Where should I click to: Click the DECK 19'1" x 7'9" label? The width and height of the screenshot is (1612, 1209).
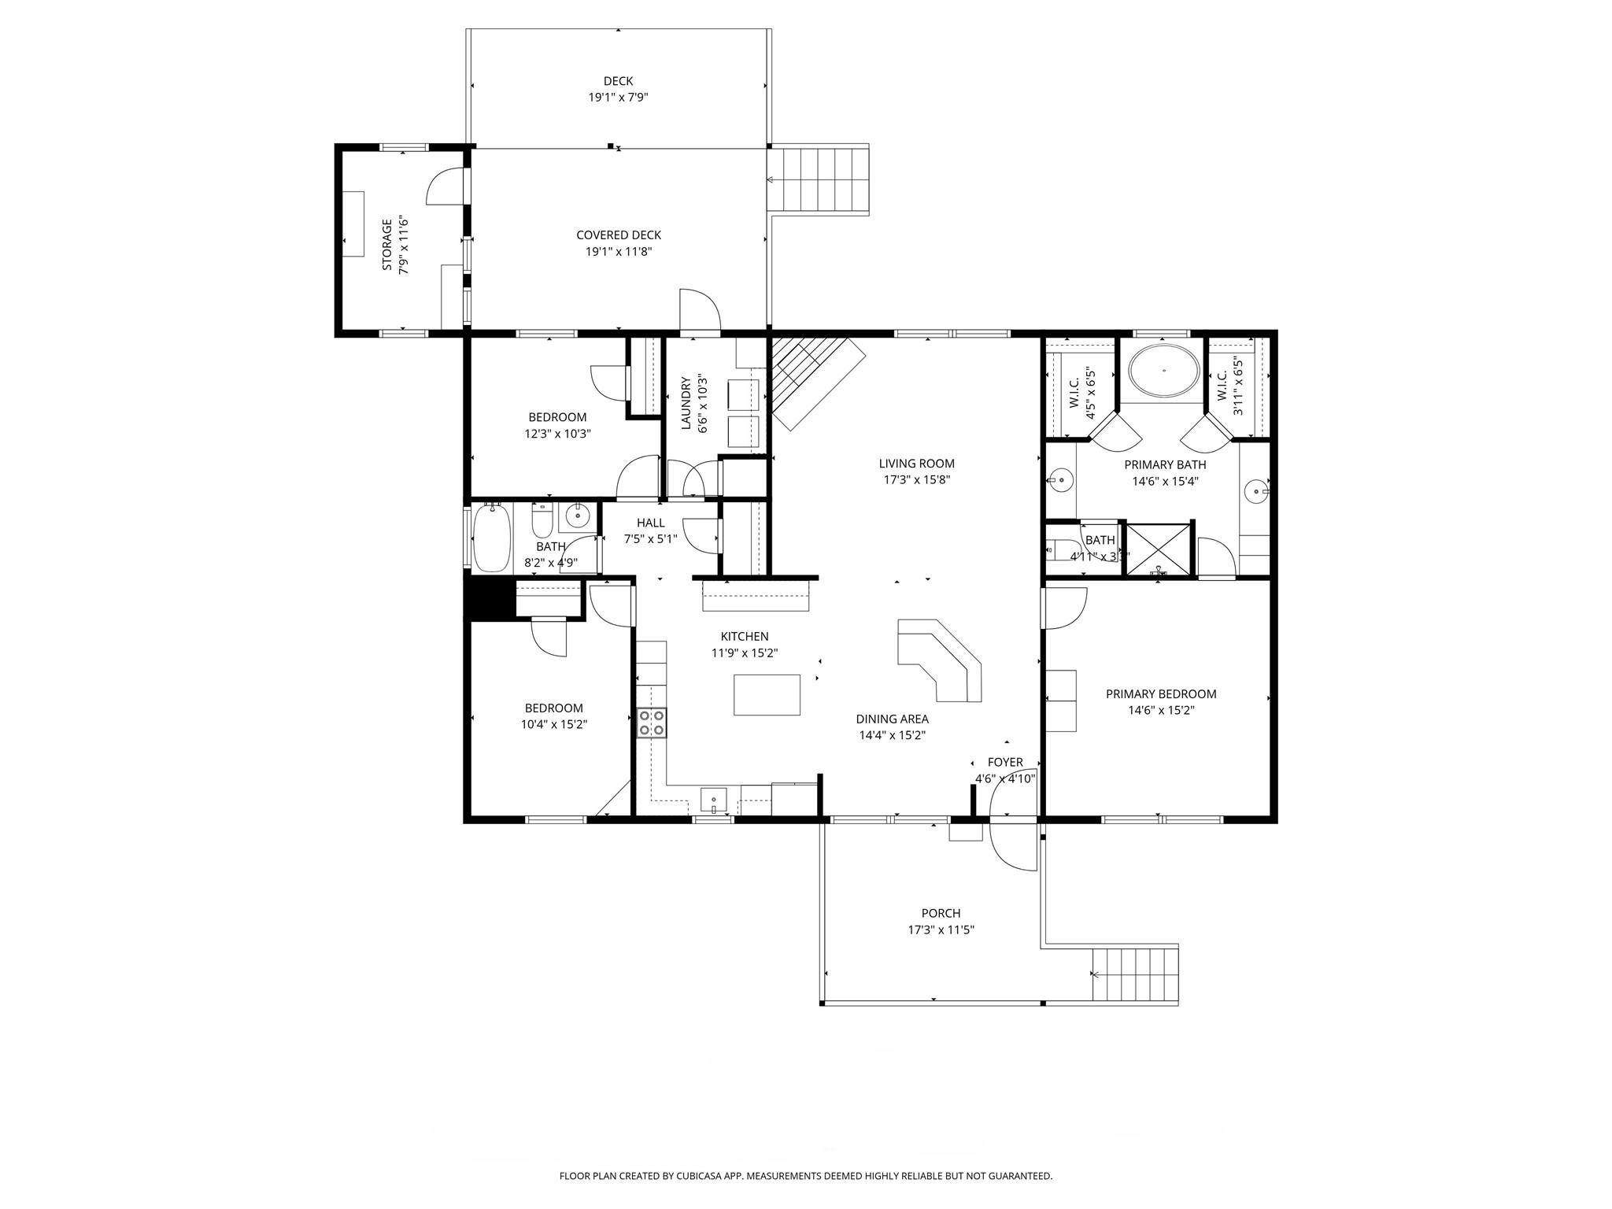(618, 89)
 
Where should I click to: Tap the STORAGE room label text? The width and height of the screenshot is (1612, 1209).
(386, 245)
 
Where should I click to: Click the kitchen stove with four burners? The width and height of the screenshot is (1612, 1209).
(652, 723)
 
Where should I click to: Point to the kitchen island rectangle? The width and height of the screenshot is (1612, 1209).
(767, 695)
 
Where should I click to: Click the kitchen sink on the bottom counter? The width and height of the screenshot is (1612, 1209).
(713, 799)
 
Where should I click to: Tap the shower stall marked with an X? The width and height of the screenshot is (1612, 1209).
(1159, 549)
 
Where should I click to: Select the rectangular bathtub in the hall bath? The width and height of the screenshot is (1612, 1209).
(491, 539)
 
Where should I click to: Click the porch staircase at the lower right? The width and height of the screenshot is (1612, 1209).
(1135, 974)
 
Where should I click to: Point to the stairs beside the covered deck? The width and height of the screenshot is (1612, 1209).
(819, 179)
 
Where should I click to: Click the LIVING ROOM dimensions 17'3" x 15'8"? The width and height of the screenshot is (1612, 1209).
(916, 479)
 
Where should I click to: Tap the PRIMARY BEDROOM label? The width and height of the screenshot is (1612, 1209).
(1160, 693)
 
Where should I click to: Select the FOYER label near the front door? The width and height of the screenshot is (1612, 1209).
(1005, 762)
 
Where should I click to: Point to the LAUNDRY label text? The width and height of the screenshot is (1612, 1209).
(685, 403)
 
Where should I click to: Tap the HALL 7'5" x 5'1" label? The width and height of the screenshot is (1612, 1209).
(650, 531)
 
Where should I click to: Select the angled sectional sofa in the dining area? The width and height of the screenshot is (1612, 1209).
(941, 658)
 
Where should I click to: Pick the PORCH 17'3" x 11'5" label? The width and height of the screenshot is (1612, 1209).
(941, 921)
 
